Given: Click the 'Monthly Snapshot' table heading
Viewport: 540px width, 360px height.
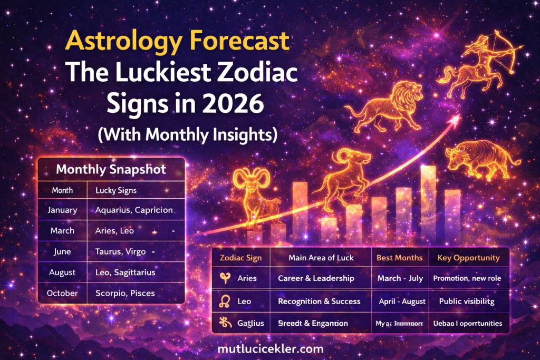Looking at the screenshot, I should pos(111,170).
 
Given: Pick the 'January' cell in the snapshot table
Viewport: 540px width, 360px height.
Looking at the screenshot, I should pos(62,210).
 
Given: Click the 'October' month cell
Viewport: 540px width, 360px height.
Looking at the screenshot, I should pos(62,293).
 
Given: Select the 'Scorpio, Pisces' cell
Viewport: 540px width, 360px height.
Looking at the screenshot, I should pos(125,293).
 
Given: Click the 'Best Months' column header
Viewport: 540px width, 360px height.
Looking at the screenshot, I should pos(399,258).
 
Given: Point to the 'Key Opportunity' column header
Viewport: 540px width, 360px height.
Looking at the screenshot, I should pos(468,258).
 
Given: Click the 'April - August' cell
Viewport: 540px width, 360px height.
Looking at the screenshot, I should pos(402,301).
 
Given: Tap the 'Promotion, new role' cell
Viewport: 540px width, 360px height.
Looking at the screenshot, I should pos(467,278).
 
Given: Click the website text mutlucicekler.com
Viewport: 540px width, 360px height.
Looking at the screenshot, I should pos(271,348).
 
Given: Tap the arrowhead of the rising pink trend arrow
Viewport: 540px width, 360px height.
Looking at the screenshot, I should pos(456,119).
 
